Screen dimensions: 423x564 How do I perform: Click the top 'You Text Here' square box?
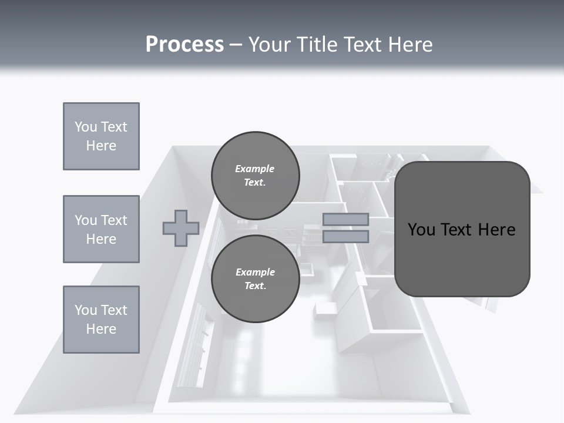(x=101, y=136)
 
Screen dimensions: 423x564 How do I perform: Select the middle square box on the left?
(x=101, y=229)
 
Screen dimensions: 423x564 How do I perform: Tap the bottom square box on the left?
(x=101, y=320)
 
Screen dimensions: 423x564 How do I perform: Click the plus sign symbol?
(x=181, y=228)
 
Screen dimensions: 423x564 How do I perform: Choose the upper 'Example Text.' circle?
(x=256, y=175)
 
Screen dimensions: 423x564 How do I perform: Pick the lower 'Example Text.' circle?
(x=256, y=278)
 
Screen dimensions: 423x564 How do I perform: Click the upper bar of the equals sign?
(x=345, y=220)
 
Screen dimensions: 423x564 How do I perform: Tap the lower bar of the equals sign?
(x=345, y=236)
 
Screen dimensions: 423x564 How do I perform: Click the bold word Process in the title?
(x=184, y=44)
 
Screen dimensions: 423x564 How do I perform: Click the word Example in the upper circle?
(x=255, y=169)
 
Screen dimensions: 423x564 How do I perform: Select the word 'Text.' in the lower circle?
(x=255, y=286)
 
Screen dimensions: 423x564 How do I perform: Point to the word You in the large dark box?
(x=421, y=229)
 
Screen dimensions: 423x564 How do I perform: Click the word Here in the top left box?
(x=101, y=146)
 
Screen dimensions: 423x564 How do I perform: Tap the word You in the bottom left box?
(x=85, y=310)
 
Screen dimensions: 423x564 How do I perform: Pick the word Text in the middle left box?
(x=114, y=220)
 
